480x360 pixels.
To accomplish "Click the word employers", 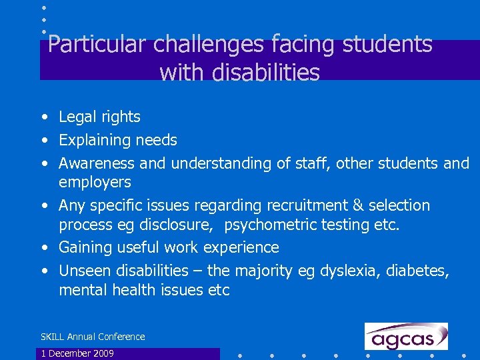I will (95, 182).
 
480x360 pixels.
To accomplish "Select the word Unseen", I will (85, 271).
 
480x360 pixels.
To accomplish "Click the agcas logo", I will (406, 337).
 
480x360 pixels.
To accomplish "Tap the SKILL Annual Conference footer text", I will (93, 337).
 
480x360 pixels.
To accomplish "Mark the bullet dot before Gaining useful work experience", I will (43, 248).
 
